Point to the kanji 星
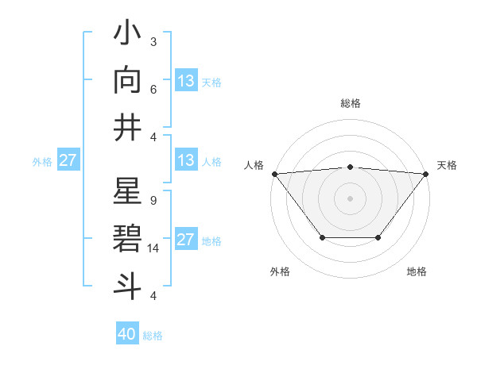pos(127,194)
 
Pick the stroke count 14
pos(154,248)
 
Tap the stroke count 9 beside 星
pos(153,201)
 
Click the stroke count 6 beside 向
pos(153,90)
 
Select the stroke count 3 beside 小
pos(153,42)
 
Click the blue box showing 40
pos(127,334)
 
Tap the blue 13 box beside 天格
pos(186,81)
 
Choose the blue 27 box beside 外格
pos(68,160)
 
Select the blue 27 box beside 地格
pos(186,240)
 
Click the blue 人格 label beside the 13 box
pos(211,161)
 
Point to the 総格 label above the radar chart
pos(350,103)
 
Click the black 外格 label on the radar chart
pos(280,272)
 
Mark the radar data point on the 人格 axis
pos(274,174)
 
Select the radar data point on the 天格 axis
pos(426,174)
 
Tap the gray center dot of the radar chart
pos(350,198)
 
